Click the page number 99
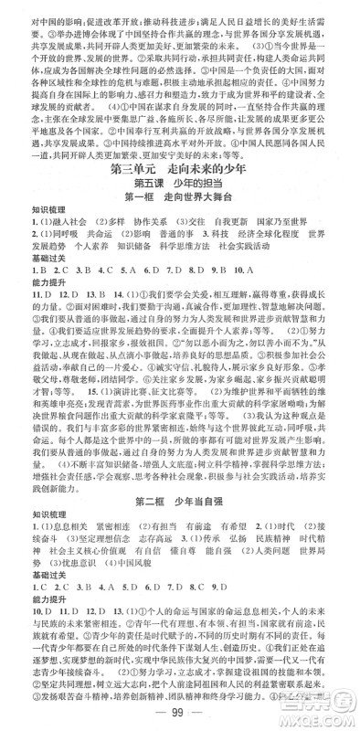click(180, 712)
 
